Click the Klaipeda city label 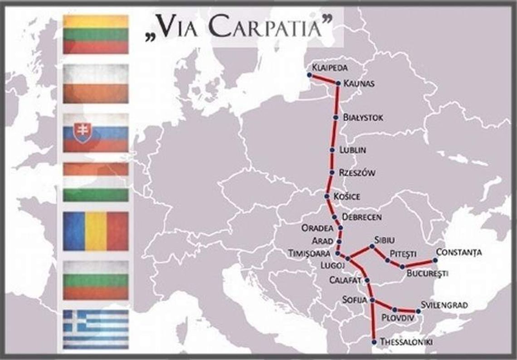[330, 68]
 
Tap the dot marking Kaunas [338, 83]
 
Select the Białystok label [363, 117]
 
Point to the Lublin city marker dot [333, 149]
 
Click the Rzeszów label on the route [357, 173]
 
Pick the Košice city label [346, 196]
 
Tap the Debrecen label [362, 217]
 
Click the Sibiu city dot [372, 246]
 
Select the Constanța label [458, 252]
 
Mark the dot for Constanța [435, 260]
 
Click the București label [427, 273]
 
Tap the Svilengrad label [444, 305]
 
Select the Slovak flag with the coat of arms [96, 132]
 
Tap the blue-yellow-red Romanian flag [96, 231]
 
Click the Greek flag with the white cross [96, 329]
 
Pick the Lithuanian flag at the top [96, 34]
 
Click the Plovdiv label [398, 317]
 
